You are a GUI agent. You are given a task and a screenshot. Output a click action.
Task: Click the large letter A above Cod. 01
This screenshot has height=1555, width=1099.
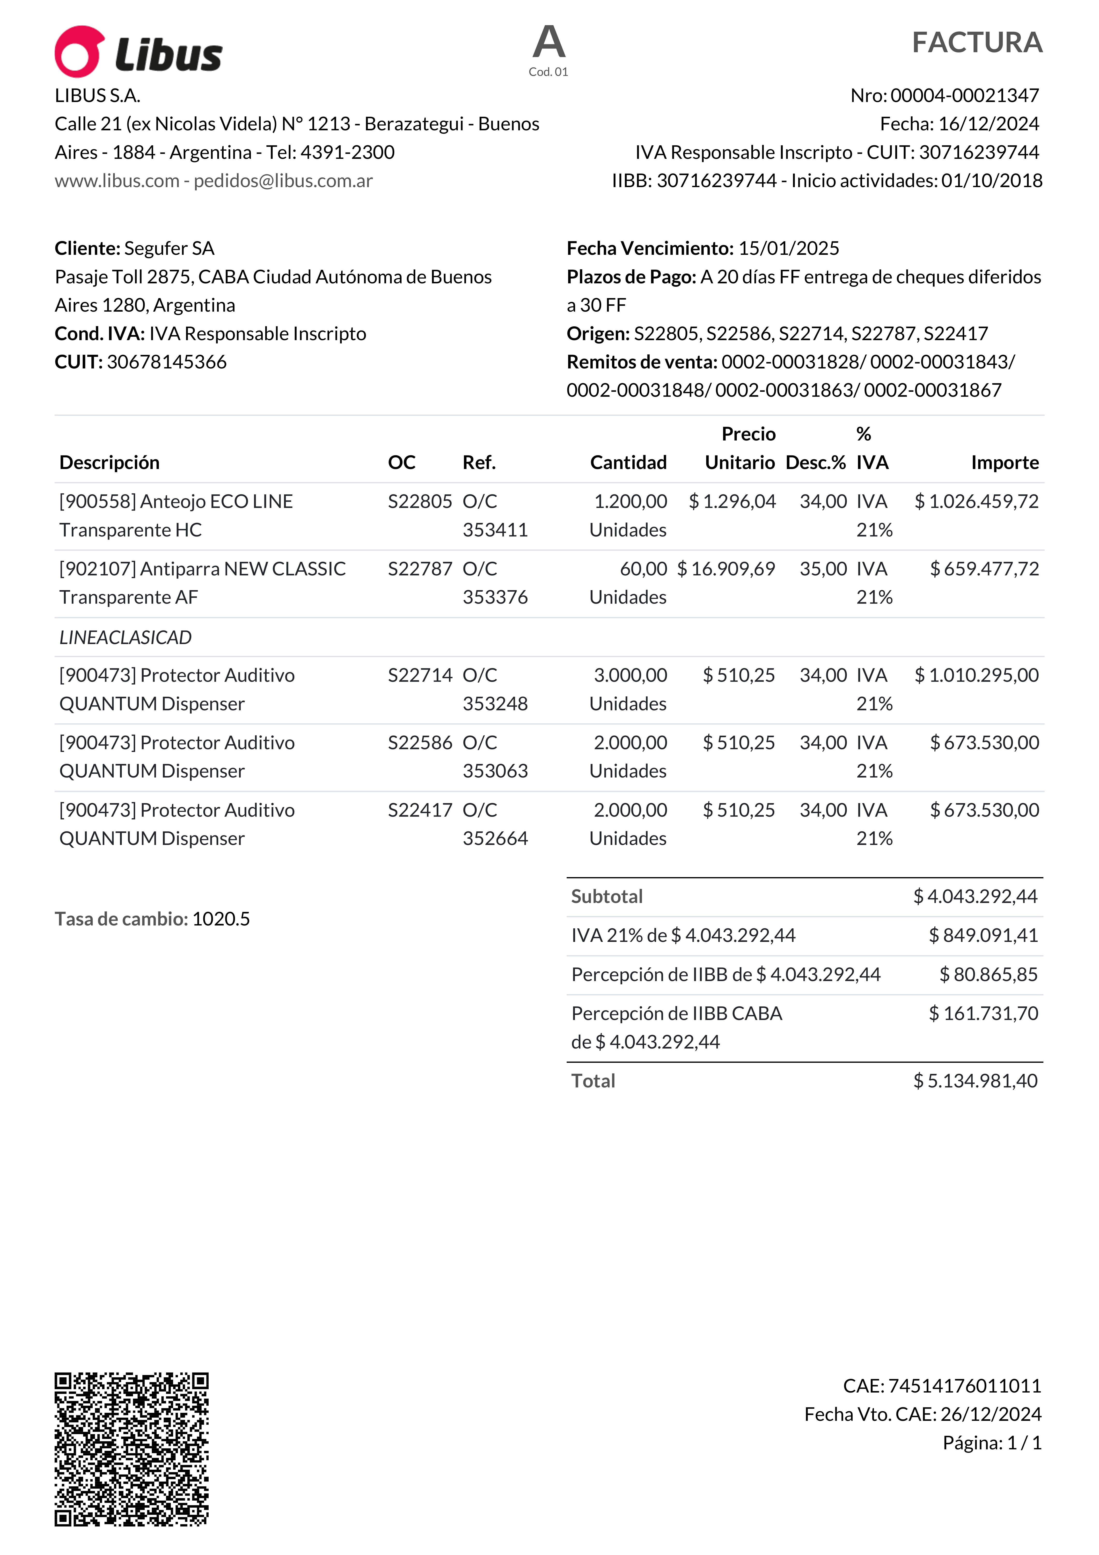tap(549, 42)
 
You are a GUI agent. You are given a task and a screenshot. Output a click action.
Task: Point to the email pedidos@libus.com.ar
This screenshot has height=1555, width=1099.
tap(283, 181)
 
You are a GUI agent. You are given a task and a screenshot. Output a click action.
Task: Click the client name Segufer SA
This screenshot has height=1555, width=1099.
tap(169, 249)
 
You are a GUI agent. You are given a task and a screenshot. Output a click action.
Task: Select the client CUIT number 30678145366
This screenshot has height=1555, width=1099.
tap(167, 362)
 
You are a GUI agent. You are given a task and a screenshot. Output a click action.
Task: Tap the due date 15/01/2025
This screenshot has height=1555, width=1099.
tap(788, 249)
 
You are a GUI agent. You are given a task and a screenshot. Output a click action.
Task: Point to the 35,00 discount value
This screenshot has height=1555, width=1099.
tap(823, 569)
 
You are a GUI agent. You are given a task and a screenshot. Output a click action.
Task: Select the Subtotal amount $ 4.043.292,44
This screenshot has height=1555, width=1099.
tap(975, 897)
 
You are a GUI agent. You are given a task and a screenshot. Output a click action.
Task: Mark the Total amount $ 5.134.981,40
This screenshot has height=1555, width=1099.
tap(975, 1081)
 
